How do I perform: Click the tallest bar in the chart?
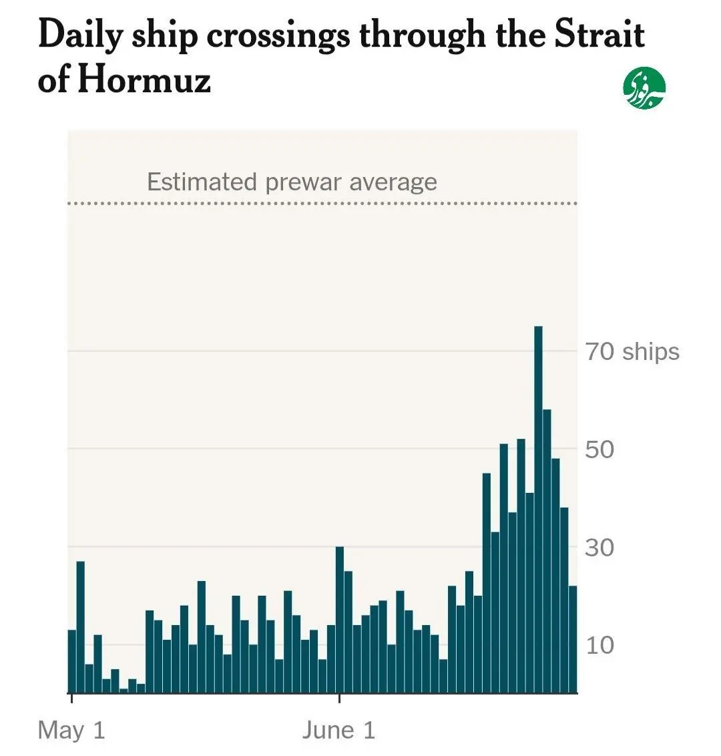click(538, 510)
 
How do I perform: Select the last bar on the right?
click(573, 639)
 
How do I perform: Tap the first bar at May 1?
click(72, 661)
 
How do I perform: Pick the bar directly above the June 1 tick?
click(339, 620)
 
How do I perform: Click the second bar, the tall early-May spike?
click(81, 627)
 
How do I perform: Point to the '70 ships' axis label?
click(632, 351)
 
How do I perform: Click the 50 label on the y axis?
click(599, 449)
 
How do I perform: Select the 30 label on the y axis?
click(599, 548)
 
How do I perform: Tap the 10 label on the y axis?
click(600, 646)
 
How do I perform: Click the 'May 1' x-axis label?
click(71, 730)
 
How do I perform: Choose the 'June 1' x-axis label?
click(339, 730)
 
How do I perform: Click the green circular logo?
click(644, 88)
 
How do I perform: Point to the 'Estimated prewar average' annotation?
click(292, 182)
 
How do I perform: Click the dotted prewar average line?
click(322, 204)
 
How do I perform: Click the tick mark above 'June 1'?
click(339, 698)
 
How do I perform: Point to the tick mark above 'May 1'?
click(72, 698)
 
